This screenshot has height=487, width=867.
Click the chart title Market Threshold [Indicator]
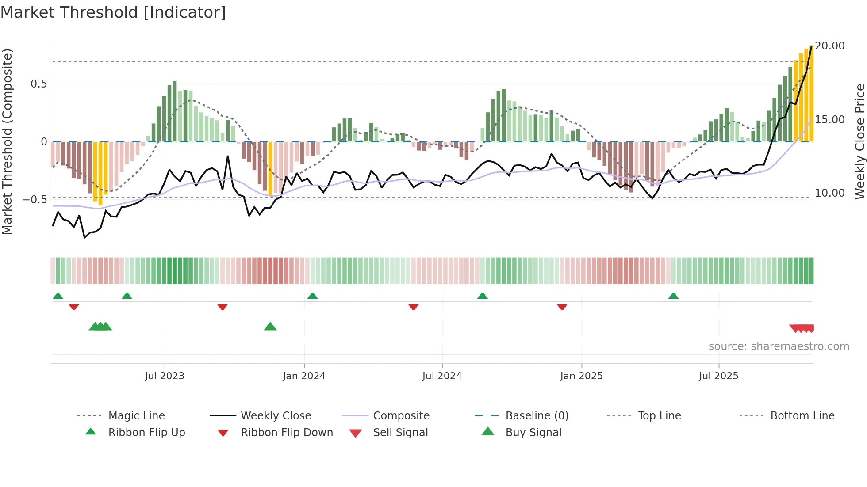coord(113,12)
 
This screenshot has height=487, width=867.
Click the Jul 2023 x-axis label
coord(165,376)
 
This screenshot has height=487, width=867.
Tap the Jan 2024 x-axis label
coord(304,376)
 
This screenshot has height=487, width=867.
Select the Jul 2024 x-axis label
coord(442,376)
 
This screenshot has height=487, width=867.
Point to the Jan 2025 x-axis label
coord(581,376)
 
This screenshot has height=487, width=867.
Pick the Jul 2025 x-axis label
coord(719,376)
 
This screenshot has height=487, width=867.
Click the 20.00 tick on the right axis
coord(830,46)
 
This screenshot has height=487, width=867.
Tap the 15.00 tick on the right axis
coord(830,120)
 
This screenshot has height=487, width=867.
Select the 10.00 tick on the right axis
coord(830,193)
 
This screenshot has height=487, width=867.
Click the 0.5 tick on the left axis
coord(38,84)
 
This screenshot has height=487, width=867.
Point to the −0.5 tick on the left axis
coord(35,200)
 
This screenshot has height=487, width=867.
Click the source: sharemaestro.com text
coord(779,346)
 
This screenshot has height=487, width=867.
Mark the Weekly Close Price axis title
coord(859,141)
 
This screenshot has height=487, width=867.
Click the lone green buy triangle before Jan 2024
coord(270,327)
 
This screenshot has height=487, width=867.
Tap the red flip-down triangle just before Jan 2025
coord(562,307)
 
